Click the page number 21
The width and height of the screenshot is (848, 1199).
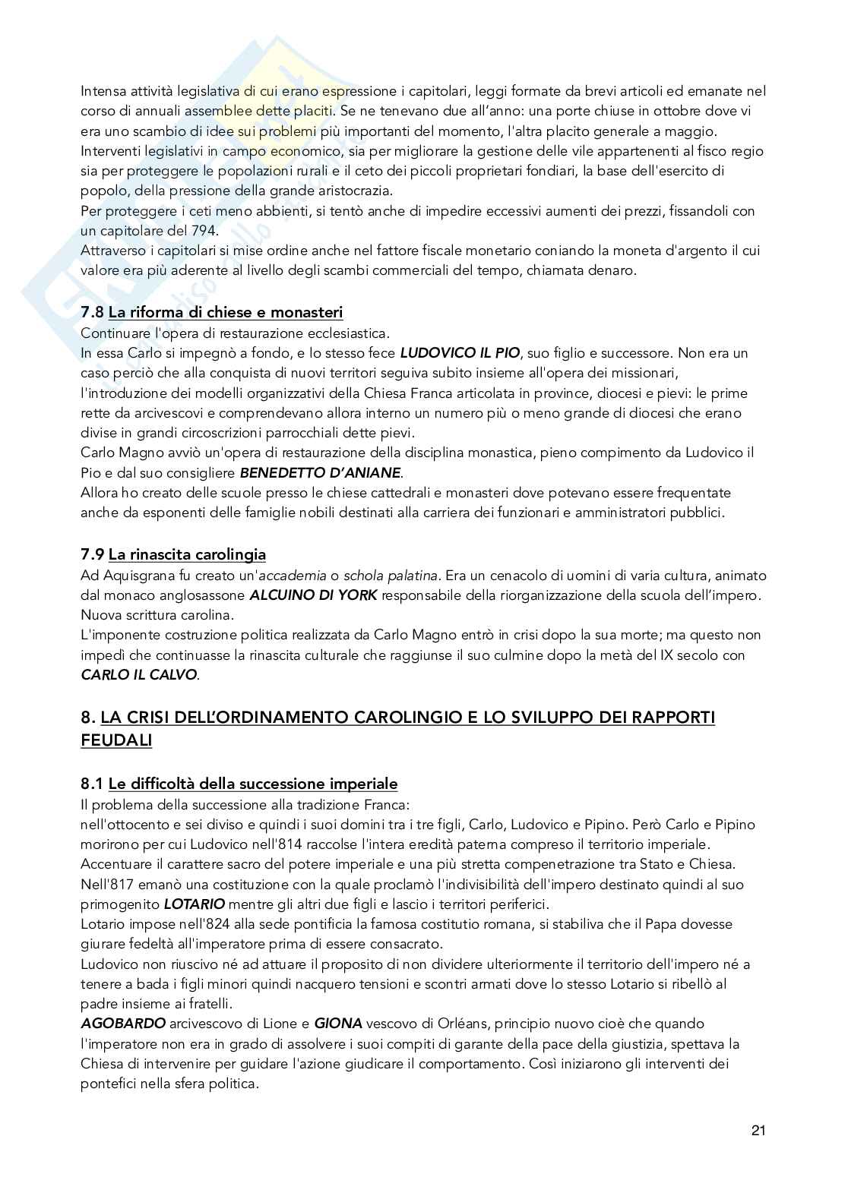click(758, 1131)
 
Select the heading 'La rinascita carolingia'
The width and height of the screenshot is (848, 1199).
click(187, 555)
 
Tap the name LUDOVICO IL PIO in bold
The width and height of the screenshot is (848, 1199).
click(460, 353)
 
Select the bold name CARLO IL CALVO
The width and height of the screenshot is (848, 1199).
click(138, 674)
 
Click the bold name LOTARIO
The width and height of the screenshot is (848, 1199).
click(195, 904)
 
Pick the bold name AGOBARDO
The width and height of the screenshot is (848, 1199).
click(119, 1024)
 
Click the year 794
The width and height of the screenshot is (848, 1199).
click(201, 231)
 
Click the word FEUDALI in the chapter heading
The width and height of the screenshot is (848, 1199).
click(116, 740)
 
